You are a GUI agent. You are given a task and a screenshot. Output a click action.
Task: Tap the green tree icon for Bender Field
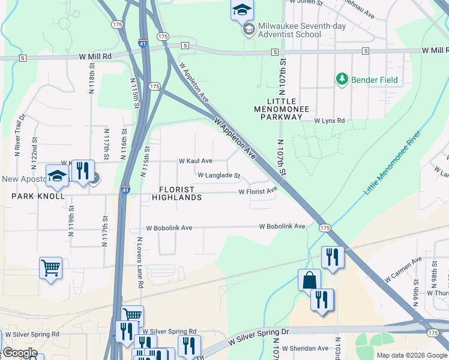(x=342, y=79)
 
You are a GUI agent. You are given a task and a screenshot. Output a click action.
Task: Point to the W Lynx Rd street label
(x=330, y=121)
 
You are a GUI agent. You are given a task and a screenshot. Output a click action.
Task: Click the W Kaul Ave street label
(x=195, y=161)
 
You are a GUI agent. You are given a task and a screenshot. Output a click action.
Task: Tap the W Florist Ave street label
(x=258, y=191)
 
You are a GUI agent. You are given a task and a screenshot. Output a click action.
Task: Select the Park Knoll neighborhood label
(x=37, y=196)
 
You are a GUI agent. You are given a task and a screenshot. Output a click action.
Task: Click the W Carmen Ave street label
(x=403, y=271)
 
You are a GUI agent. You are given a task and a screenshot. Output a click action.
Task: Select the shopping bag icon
(x=309, y=280)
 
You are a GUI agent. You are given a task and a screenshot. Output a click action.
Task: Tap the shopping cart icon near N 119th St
(x=50, y=267)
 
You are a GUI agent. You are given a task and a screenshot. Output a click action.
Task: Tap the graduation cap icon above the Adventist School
(x=242, y=10)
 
